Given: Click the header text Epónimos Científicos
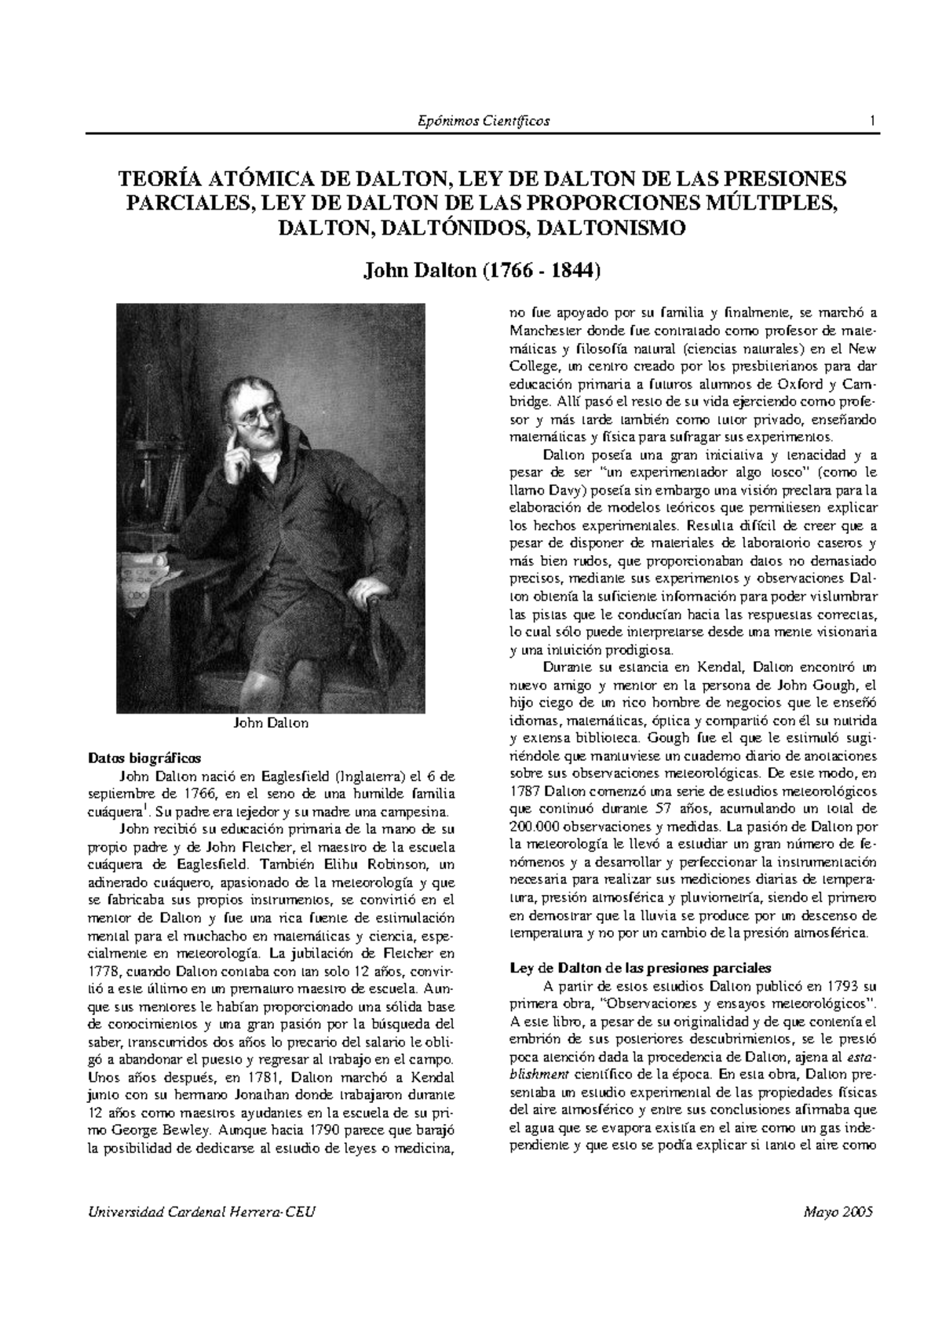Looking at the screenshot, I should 483,121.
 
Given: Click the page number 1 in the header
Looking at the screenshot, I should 872,121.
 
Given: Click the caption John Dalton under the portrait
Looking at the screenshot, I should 272,723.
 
